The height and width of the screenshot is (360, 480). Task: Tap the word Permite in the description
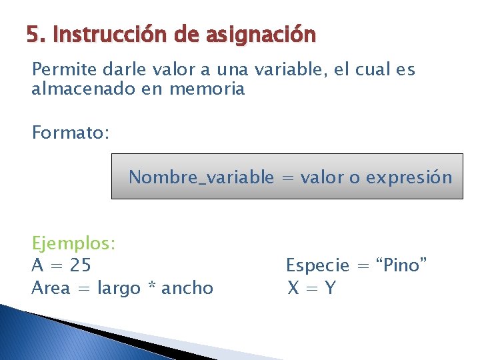(59, 70)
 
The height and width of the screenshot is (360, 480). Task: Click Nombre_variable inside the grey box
(201, 177)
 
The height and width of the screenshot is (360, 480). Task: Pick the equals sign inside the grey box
(287, 178)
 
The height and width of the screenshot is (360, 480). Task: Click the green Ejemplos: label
(74, 243)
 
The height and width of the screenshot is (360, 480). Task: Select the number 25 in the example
(80, 265)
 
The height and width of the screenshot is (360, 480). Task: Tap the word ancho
(187, 288)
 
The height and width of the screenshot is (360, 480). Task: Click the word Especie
(317, 265)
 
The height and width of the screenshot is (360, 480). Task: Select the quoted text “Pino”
(402, 265)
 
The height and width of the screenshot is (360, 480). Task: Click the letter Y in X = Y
(330, 288)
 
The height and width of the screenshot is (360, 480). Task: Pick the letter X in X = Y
(293, 288)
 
